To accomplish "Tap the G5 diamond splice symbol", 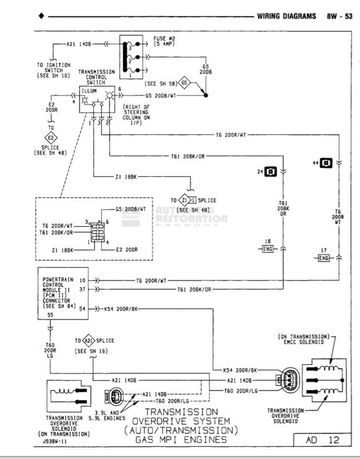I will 184,83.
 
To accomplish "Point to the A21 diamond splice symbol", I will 89,341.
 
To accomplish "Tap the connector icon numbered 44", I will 326,162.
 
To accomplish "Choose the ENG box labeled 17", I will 324,257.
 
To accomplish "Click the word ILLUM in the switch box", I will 91,91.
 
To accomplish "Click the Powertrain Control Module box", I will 57,294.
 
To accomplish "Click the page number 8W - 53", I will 339,16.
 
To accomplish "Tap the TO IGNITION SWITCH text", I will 54,71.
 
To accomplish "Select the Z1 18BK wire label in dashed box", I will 63,250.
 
